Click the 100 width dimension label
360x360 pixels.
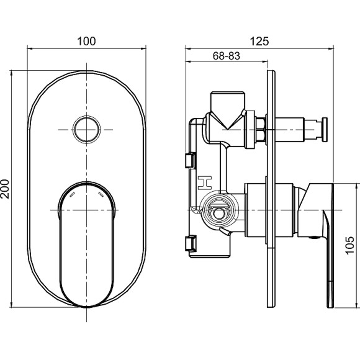[86, 41]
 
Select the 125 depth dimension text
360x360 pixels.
[259, 41]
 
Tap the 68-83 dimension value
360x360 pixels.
[226, 56]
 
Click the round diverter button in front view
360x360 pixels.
[86, 130]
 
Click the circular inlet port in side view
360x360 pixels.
[218, 211]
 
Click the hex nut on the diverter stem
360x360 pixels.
[261, 130]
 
